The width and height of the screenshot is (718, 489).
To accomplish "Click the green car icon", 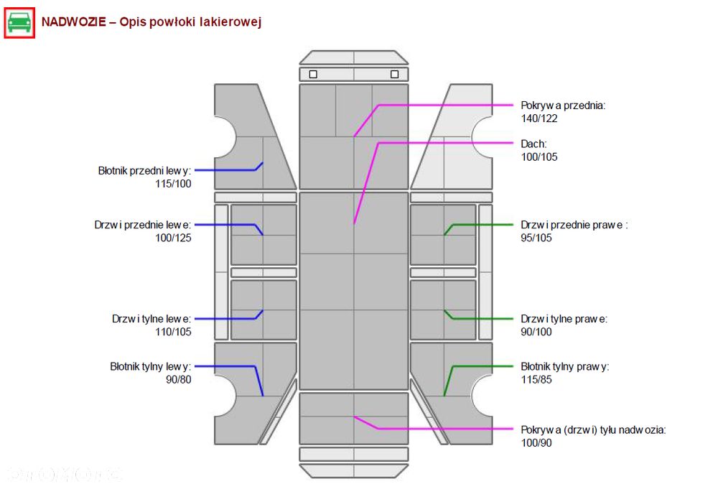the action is (x=19, y=23).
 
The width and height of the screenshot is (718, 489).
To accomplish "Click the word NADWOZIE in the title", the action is (x=74, y=22).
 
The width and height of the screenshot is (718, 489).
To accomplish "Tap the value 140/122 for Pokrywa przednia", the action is (x=539, y=118).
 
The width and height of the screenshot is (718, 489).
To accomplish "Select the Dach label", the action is (x=533, y=144).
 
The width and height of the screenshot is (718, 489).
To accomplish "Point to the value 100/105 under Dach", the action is (x=539, y=157).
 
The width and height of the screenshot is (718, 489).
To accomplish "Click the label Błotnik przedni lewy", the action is (x=144, y=171).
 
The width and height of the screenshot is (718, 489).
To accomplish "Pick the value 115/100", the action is (x=173, y=184).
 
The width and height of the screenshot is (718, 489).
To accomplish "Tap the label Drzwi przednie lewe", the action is (x=142, y=225).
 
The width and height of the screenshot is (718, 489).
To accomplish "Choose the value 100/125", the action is (x=173, y=238).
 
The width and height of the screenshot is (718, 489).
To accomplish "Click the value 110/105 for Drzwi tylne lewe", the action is (x=173, y=332).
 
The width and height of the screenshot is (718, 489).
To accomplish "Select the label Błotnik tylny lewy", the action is (x=150, y=367).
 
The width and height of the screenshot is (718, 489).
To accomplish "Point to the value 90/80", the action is (x=179, y=380).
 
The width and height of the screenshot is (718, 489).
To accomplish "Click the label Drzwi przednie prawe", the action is (x=574, y=225).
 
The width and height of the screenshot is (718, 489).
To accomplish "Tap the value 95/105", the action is (x=536, y=238).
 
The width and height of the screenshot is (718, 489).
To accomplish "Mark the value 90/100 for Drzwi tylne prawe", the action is (x=536, y=332).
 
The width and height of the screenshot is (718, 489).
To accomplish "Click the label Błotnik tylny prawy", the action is (x=565, y=367).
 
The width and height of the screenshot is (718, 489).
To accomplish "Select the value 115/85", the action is (x=536, y=380).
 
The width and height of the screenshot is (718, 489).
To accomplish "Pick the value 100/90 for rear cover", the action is (x=536, y=443).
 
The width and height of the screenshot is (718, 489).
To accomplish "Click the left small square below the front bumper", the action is (x=313, y=74).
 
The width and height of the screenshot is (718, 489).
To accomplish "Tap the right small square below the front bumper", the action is (x=395, y=74).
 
